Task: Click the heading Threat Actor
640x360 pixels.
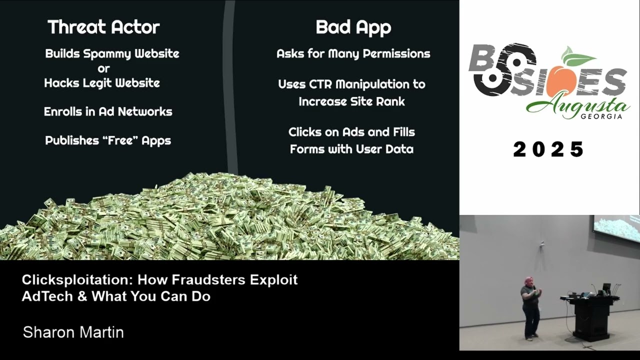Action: [x=103, y=27]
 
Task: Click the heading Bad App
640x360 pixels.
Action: [x=353, y=27]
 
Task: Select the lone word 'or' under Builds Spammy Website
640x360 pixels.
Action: [x=103, y=69]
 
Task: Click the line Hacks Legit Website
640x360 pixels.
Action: [x=102, y=83]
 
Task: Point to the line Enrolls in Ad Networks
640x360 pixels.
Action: [x=108, y=111]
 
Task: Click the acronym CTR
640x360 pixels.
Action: [x=318, y=84]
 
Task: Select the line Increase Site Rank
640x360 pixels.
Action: [x=351, y=101]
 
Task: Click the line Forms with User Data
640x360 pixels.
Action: [x=351, y=149]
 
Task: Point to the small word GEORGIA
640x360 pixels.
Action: [x=601, y=116]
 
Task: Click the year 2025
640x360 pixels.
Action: [x=548, y=149]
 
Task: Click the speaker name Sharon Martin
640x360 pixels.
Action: [x=73, y=332]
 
